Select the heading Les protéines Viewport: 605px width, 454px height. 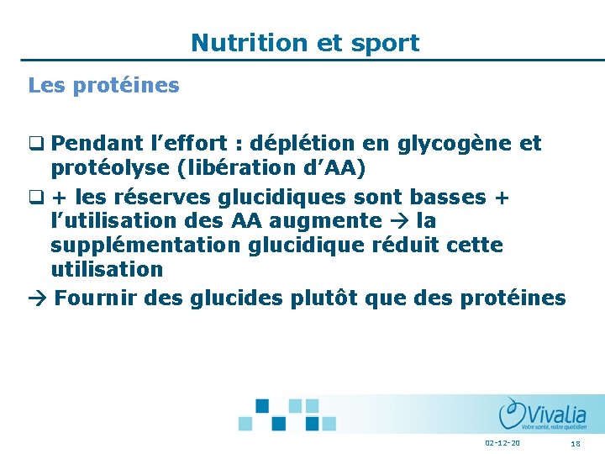(103, 86)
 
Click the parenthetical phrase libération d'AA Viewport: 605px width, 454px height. (271, 168)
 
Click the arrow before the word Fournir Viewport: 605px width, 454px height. (38, 299)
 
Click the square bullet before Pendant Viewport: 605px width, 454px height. (35, 145)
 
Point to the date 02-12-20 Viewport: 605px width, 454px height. (502, 443)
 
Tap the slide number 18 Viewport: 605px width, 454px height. (576, 443)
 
